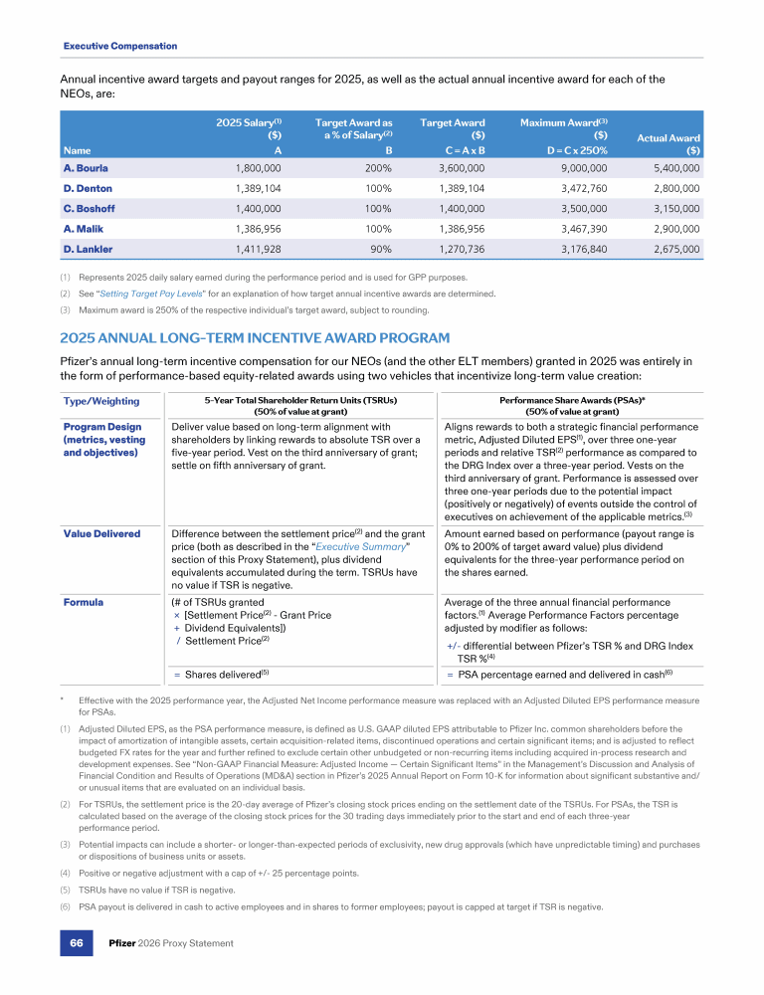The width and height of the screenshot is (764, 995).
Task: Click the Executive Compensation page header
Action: click(120, 46)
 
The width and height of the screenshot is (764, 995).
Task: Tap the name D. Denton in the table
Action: click(88, 188)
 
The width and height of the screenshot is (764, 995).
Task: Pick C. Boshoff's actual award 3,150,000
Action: click(669, 209)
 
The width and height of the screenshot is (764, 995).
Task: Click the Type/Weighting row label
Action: click(101, 401)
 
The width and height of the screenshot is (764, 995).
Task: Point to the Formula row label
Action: click(83, 602)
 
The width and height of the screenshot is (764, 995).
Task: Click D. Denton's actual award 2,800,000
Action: click(669, 188)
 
